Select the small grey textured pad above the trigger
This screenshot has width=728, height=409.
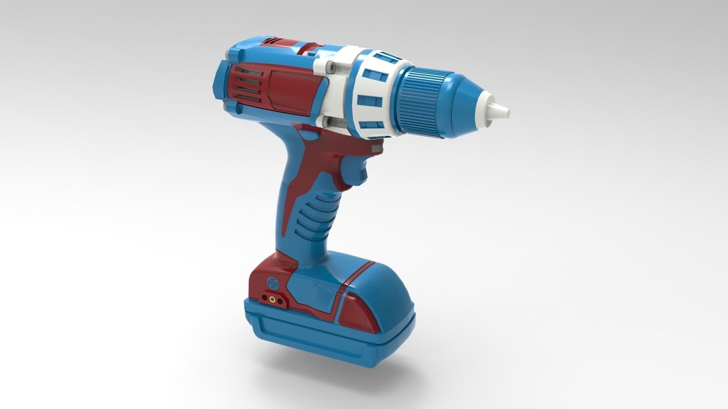(376, 147)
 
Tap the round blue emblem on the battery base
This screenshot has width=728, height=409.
(272, 283)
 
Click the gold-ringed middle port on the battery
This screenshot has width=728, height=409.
(272, 299)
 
